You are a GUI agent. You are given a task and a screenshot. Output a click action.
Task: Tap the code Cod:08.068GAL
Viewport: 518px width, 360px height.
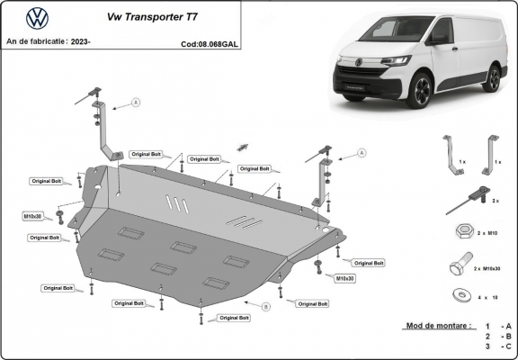click(210, 42)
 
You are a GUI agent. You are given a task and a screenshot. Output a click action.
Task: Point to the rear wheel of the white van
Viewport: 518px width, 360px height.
click(491, 78)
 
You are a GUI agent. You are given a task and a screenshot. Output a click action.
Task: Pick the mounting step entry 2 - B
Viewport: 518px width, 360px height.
click(498, 336)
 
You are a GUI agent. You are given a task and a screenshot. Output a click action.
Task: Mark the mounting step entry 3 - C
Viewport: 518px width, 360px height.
click(498, 346)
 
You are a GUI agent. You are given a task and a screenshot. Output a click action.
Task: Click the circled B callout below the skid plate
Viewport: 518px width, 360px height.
click(265, 307)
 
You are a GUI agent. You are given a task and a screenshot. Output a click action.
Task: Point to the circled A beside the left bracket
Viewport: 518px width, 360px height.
click(136, 103)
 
